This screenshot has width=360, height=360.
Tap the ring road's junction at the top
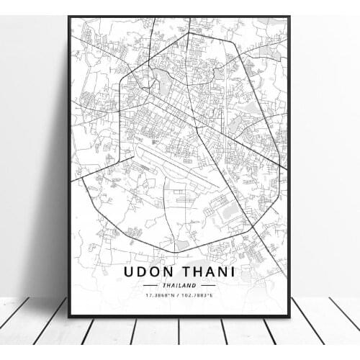click(x=189, y=33)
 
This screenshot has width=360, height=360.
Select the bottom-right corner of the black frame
click(x=289, y=317)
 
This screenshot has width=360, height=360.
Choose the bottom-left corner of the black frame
click(x=69, y=317)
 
